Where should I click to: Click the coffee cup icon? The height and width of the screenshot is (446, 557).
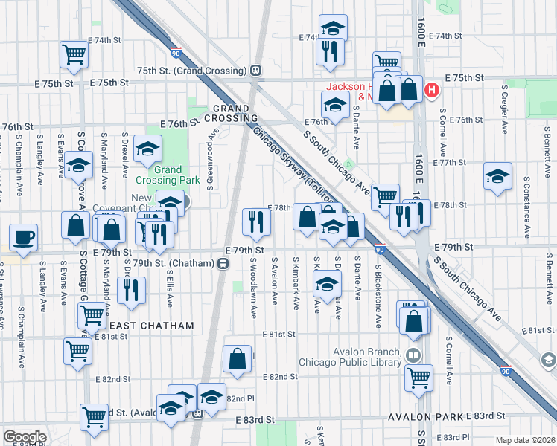coord(23,237)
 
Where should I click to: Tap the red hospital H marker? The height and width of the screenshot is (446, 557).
coord(430,91)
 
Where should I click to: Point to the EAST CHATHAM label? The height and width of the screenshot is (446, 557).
coord(151,326)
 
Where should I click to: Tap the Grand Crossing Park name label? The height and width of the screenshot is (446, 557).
coord(168,175)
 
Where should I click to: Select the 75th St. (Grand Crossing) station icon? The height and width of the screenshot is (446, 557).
coord(255,71)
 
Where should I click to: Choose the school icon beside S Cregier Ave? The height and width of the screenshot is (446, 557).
coord(497,177)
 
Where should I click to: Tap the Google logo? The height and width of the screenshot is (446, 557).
coord(25,437)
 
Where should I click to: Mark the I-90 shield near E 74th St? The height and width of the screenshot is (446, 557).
coord(175,53)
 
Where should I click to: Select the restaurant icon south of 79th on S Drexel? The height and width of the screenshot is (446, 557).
coord(131,288)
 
